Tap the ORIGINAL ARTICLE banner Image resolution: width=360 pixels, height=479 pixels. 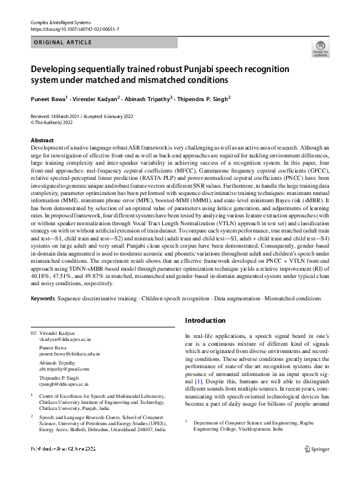point(63,42)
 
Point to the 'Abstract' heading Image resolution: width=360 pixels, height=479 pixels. point(42,140)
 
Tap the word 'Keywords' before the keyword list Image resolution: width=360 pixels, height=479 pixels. point(42,299)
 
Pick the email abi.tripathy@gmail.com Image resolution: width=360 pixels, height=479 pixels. point(65,369)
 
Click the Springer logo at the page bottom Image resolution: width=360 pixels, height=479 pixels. point(316,466)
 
